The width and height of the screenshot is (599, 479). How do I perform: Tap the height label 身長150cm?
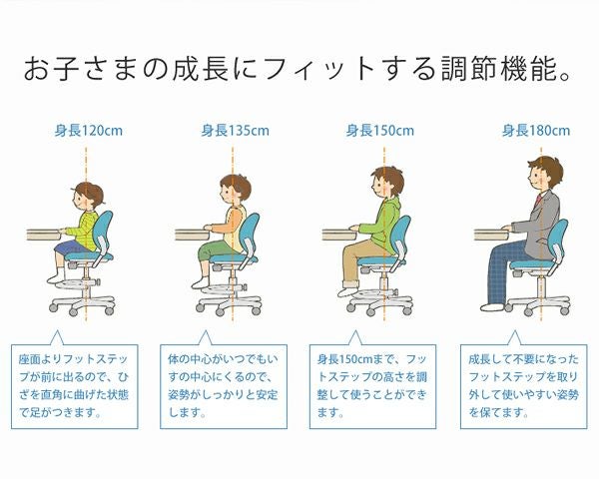(x=380, y=130)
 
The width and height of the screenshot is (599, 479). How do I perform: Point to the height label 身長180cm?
(x=535, y=130)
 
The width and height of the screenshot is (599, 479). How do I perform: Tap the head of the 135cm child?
(x=233, y=190)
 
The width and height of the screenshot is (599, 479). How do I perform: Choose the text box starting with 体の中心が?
(x=223, y=383)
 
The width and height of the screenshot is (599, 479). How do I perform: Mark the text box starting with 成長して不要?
(x=523, y=383)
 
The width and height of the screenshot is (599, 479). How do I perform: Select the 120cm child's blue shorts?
(x=73, y=245)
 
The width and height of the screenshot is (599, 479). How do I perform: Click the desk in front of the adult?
(x=492, y=235)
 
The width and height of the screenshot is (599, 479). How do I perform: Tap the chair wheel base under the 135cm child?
(x=231, y=300)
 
